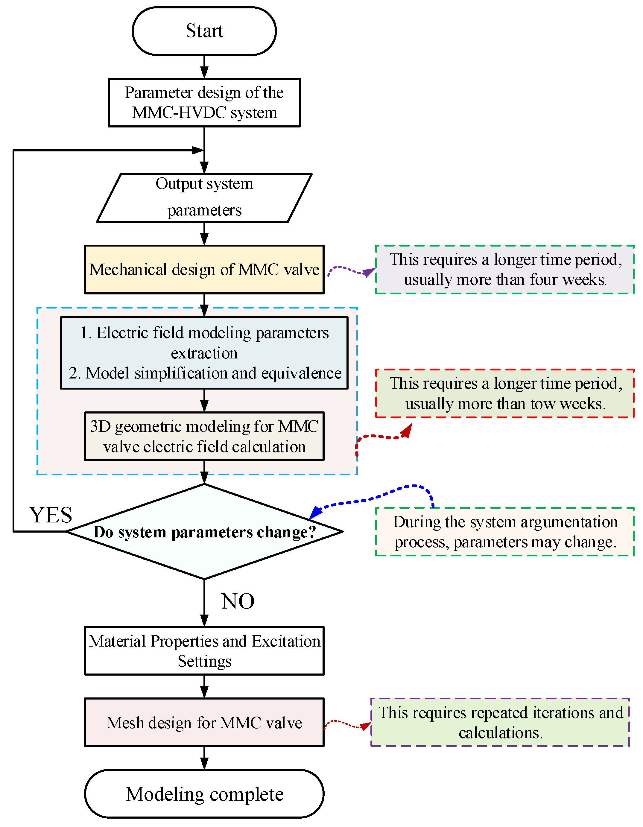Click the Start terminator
click(204, 31)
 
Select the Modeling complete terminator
click(204, 794)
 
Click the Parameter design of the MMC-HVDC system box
click(204, 103)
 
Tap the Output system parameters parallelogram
click(204, 198)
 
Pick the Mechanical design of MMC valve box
click(204, 270)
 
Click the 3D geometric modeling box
click(204, 436)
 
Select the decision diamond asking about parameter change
click(204, 532)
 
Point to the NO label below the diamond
click(238, 601)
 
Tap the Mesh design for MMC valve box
click(204, 723)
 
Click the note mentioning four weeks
click(504, 270)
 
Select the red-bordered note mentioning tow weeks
click(504, 393)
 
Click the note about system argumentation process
click(504, 532)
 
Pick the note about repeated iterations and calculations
click(500, 723)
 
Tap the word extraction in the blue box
click(204, 353)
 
